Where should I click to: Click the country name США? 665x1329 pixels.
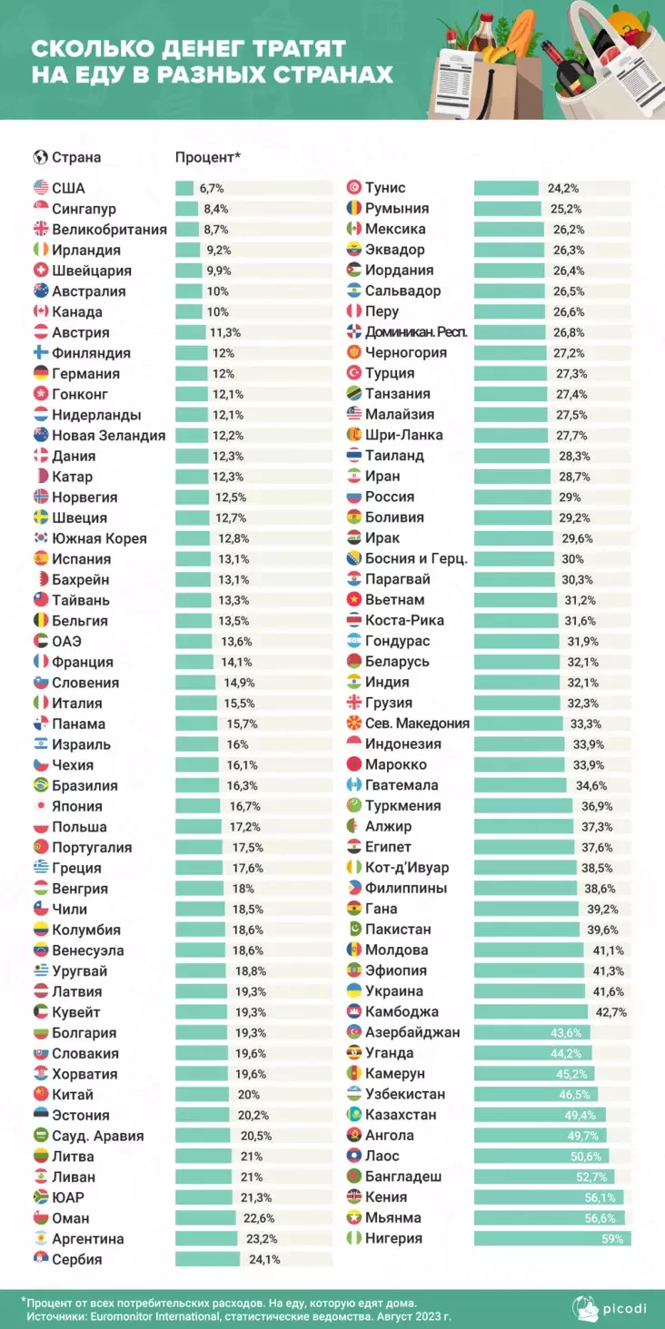[x=68, y=188]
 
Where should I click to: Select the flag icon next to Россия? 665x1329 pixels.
[x=354, y=497]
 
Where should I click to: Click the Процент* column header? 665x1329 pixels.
[x=207, y=157]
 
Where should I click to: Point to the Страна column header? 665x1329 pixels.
[x=76, y=157]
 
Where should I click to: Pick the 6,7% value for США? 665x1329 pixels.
[x=211, y=188]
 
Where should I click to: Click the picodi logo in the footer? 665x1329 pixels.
[x=614, y=1308]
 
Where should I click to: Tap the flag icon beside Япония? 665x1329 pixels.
[x=40, y=806]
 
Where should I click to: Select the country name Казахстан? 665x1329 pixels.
[x=401, y=1115]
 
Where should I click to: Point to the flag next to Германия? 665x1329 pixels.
[x=40, y=373]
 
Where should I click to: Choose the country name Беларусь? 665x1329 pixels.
[x=397, y=661]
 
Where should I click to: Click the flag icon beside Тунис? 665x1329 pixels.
[x=354, y=188]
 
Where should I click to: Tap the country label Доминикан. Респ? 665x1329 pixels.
[x=416, y=332]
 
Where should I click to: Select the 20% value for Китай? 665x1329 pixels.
[x=248, y=1095]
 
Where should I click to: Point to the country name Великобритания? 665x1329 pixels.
[x=109, y=229]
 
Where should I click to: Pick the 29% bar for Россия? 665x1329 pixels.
[x=512, y=497]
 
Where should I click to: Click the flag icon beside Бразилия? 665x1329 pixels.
[x=40, y=785]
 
